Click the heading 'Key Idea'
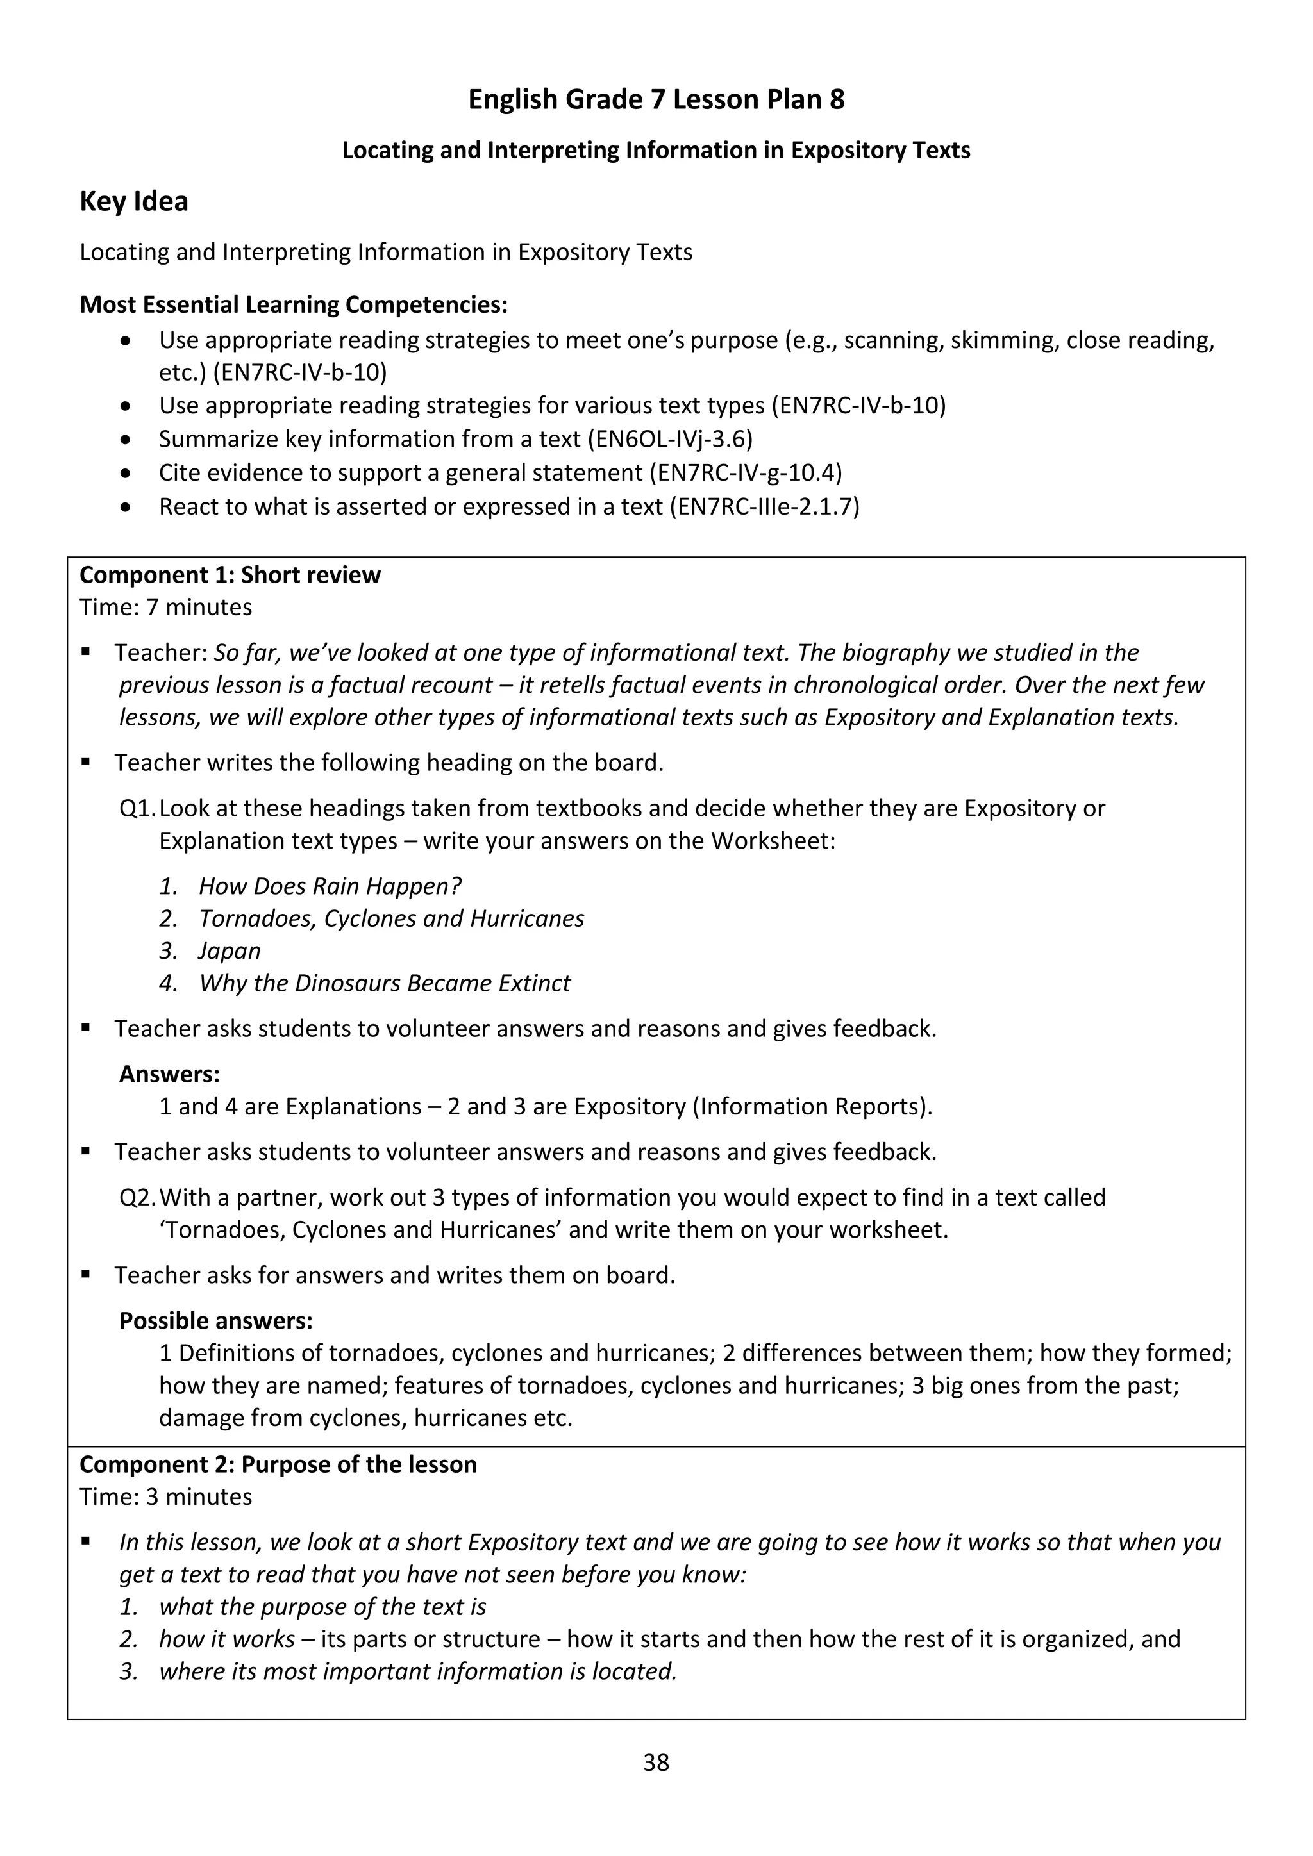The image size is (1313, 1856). tap(133, 201)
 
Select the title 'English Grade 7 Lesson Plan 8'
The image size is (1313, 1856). tap(656, 99)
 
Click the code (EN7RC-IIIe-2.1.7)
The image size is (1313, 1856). tap(764, 506)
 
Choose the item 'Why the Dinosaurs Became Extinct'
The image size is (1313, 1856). tap(384, 983)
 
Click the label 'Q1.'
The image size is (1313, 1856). tap(137, 808)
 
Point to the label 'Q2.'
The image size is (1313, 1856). tap(137, 1197)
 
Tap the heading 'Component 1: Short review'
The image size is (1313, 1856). tap(230, 575)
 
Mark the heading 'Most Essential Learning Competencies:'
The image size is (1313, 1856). tap(294, 305)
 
